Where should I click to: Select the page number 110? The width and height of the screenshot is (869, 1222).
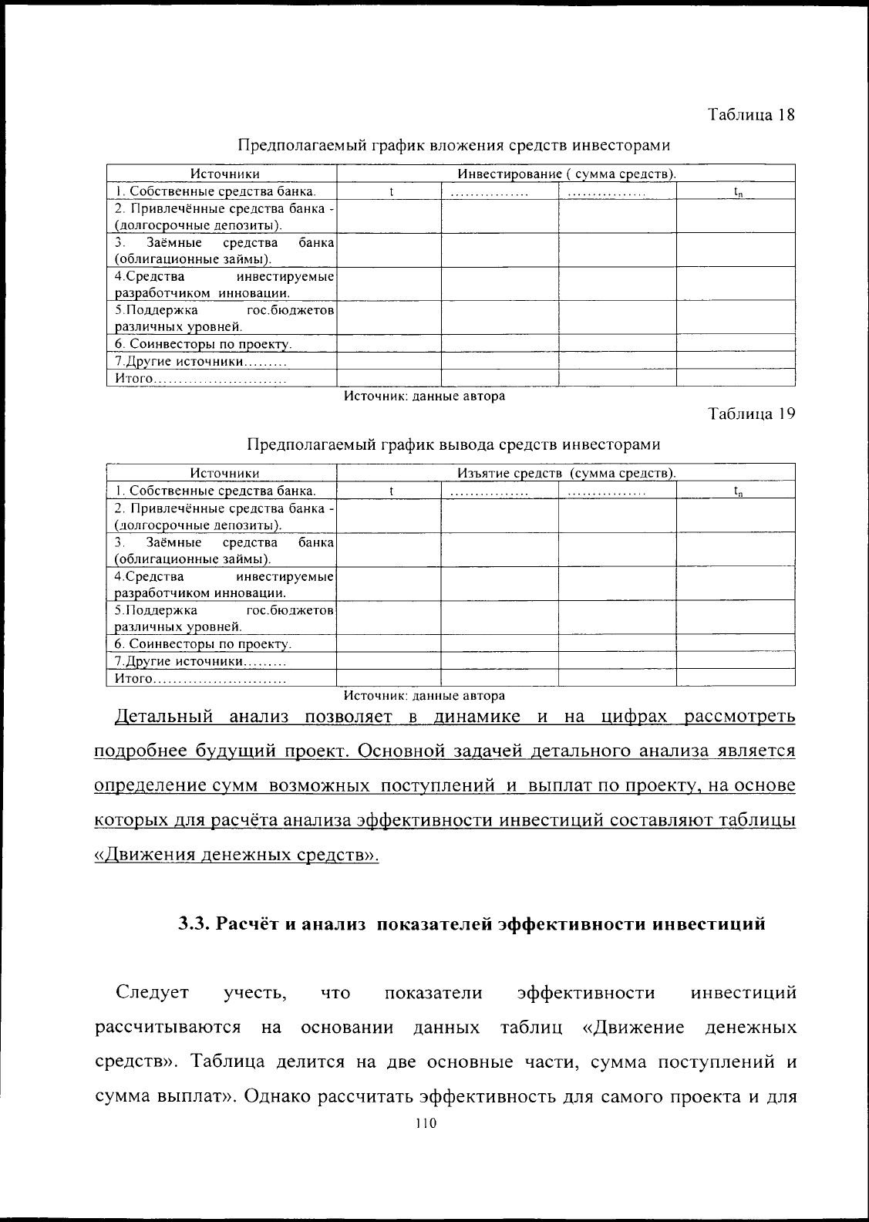point(425,1123)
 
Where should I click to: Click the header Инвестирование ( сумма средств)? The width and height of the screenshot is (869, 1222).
point(567,174)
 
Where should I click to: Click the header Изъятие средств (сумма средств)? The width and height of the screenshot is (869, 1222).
point(567,473)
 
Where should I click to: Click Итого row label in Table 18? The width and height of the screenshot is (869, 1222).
point(135,379)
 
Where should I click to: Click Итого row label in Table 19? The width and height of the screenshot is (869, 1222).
point(135,679)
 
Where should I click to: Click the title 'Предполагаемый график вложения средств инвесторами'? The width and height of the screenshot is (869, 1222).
point(453,145)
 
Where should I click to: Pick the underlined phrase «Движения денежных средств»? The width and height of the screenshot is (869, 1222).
point(236,855)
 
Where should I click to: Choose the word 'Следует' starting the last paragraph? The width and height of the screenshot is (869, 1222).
point(152,992)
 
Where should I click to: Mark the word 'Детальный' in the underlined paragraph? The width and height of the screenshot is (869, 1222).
point(163,717)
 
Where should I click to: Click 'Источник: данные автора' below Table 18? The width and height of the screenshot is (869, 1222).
point(425,397)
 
